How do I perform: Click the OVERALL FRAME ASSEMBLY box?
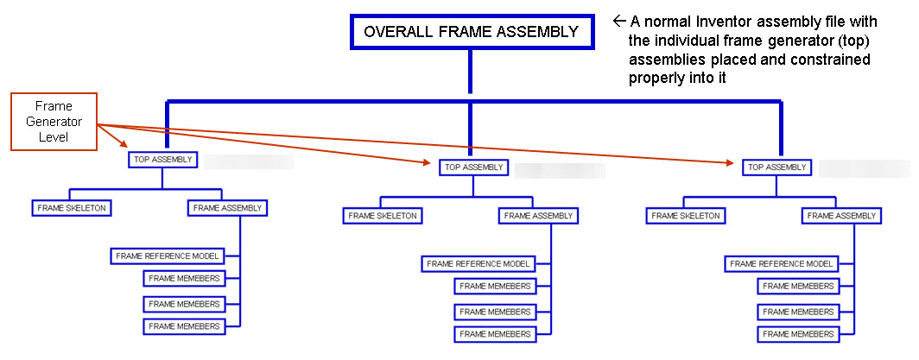point(471,32)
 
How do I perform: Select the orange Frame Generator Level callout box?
point(54,122)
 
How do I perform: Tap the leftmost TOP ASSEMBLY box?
point(163,159)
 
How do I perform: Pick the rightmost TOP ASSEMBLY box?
point(776,167)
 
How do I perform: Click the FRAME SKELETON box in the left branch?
point(73,208)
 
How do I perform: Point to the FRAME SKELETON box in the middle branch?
point(383,216)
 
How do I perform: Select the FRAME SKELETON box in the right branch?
point(686,216)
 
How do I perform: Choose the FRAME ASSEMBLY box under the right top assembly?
point(841,216)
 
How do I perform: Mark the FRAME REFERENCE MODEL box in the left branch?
point(168,256)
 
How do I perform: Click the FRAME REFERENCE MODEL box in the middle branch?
point(479,263)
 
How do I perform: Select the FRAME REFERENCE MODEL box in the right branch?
point(782,263)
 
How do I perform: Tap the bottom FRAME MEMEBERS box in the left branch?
point(183,326)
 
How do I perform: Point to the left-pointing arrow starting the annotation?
point(618,20)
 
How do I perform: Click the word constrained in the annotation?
point(833,60)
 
